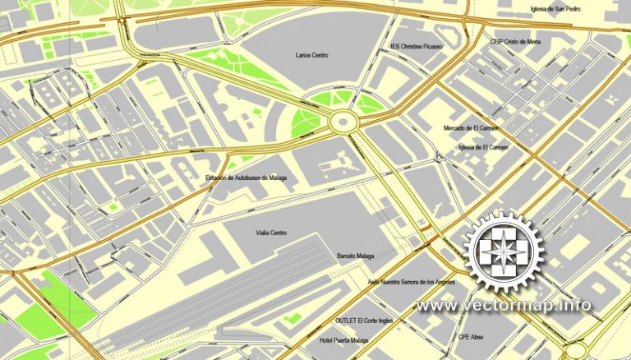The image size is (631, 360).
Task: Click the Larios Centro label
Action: coord(311,56)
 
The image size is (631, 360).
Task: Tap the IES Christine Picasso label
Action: coord(417,47)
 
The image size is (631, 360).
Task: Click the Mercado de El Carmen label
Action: coord(472,128)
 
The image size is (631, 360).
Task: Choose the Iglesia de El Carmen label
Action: coord(471,147)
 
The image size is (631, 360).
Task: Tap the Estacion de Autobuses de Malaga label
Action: coord(246,178)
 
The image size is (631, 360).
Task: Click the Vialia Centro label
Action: coord(271,233)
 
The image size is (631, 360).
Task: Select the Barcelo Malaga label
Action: coord(355,256)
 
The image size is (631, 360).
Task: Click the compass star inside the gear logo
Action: coord(503,252)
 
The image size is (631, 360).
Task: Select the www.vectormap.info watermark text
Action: coord(503,306)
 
